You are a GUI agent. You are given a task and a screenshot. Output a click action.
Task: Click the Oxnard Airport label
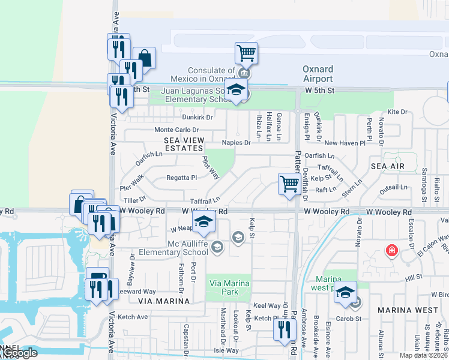point(318,74)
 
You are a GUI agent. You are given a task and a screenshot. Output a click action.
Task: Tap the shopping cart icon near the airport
point(246,53)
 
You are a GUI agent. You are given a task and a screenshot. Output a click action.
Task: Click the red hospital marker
point(391,250)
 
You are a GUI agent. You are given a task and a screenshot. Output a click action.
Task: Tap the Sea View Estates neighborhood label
point(184,144)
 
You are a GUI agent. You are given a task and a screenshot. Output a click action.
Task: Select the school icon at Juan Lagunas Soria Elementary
point(237,91)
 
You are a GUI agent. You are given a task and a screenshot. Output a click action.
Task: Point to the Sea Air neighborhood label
point(387,166)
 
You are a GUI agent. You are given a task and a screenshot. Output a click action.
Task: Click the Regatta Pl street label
point(181,178)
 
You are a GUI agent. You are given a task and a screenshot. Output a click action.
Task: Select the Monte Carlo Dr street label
point(176,130)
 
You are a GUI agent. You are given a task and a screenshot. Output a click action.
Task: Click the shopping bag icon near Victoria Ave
point(144,58)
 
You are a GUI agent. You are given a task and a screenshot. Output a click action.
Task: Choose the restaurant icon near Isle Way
point(285,329)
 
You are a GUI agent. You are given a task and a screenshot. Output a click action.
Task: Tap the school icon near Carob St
point(345,292)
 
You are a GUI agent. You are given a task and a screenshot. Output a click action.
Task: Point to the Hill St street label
point(414,278)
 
